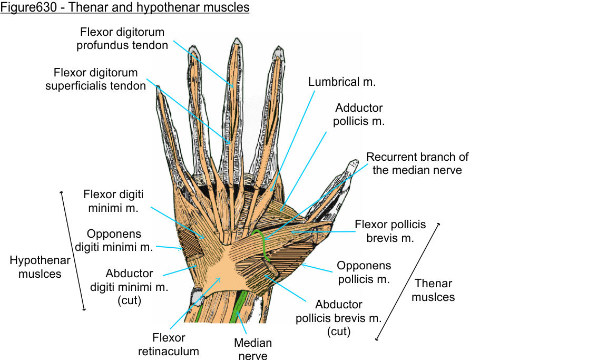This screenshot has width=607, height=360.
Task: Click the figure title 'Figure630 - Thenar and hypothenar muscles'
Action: [x=125, y=8]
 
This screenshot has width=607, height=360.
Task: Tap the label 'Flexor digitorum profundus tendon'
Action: [x=122, y=38]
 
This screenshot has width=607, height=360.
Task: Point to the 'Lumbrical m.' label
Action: [x=342, y=82]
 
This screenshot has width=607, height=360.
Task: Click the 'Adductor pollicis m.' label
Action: [x=359, y=114]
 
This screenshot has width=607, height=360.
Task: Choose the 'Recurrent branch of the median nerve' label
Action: [x=417, y=163]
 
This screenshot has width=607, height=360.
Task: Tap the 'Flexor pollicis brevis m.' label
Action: [x=390, y=231]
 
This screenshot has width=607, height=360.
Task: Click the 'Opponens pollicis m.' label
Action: [x=364, y=272]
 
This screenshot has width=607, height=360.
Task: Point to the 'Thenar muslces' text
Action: [x=434, y=290]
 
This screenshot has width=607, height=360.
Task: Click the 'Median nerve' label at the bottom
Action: [x=253, y=349]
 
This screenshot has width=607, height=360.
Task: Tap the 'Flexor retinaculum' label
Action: [x=168, y=344]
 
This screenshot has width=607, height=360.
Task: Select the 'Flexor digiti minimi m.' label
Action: [x=113, y=201]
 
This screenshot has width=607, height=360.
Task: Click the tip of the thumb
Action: [x=351, y=163]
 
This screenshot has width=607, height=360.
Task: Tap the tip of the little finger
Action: [x=158, y=89]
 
